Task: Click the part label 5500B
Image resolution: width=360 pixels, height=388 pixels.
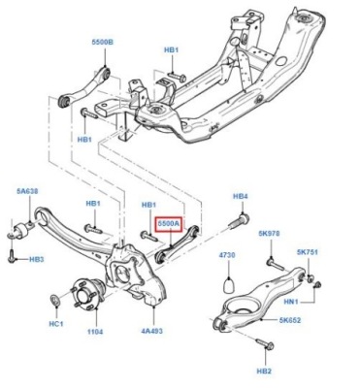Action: [x=103, y=43]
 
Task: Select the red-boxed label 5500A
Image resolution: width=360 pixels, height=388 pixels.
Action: [x=169, y=224]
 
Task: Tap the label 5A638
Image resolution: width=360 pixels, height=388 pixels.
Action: [x=27, y=191]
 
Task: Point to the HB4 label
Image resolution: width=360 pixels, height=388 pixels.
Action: [x=241, y=196]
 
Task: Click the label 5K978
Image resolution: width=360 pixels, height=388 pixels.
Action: [x=269, y=233]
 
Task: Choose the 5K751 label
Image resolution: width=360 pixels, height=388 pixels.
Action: [x=308, y=252]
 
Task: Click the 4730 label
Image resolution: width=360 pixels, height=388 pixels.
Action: [x=227, y=255]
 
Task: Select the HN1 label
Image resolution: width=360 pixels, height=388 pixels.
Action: [x=291, y=302]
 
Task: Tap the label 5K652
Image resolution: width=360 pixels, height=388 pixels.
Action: [x=290, y=320]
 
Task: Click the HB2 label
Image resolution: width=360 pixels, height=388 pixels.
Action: [x=264, y=372]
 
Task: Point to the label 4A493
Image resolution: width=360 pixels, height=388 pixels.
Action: [x=151, y=331]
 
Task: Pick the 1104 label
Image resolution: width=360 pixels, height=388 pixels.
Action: [x=95, y=332]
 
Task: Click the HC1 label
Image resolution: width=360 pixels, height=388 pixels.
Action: [x=56, y=323]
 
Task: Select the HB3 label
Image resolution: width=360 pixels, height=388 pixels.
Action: [x=37, y=259]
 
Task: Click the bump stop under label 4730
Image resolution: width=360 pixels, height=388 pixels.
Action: [x=228, y=284]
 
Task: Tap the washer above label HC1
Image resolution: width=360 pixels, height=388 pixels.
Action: [x=55, y=300]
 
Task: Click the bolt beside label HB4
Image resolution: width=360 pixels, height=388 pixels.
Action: [x=240, y=221]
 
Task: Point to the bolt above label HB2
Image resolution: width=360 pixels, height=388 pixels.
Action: [x=265, y=343]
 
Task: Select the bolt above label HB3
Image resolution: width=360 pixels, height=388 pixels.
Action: [x=11, y=255]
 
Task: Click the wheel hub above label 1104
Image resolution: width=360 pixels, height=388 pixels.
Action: [x=86, y=293]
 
